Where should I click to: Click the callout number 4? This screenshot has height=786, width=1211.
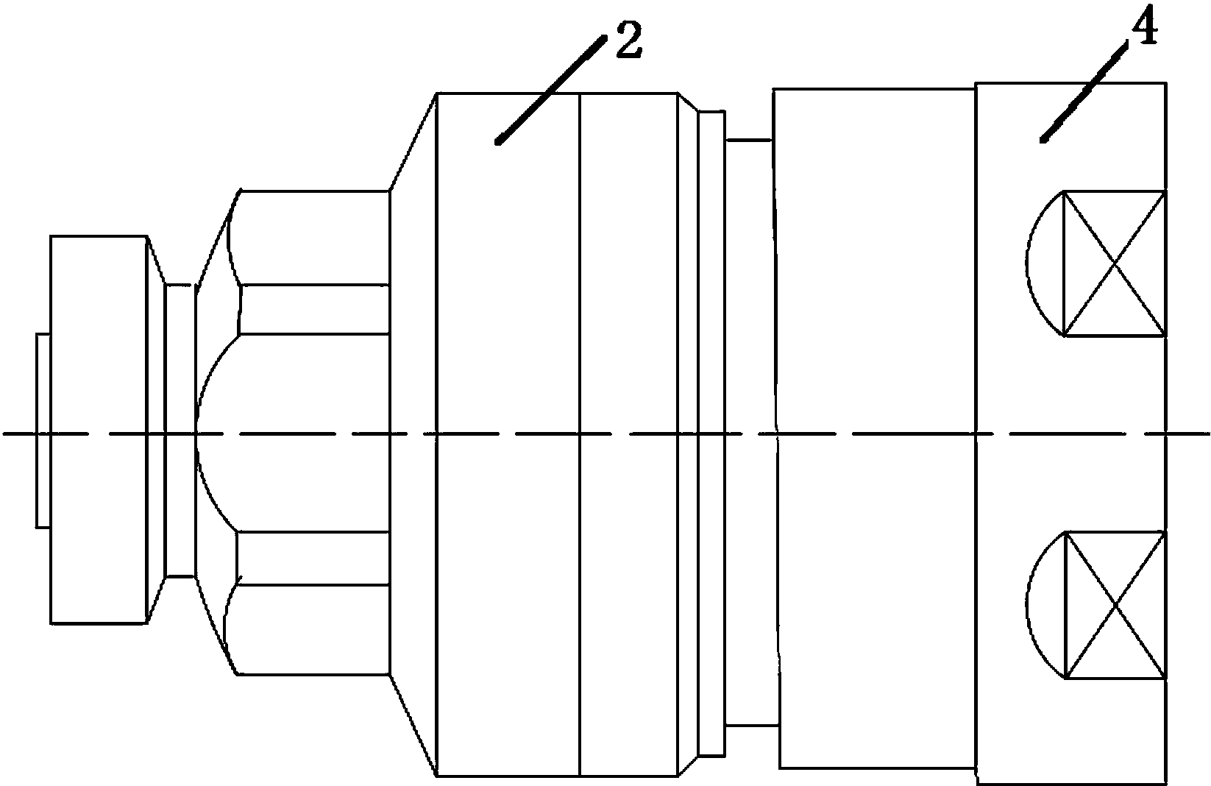pyautogui.click(x=1140, y=31)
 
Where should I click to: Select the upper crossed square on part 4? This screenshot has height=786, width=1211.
pyautogui.click(x=1115, y=263)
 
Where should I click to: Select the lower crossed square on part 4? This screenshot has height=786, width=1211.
pyautogui.click(x=1115, y=604)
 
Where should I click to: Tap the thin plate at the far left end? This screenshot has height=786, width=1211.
pyautogui.click(x=43, y=431)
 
